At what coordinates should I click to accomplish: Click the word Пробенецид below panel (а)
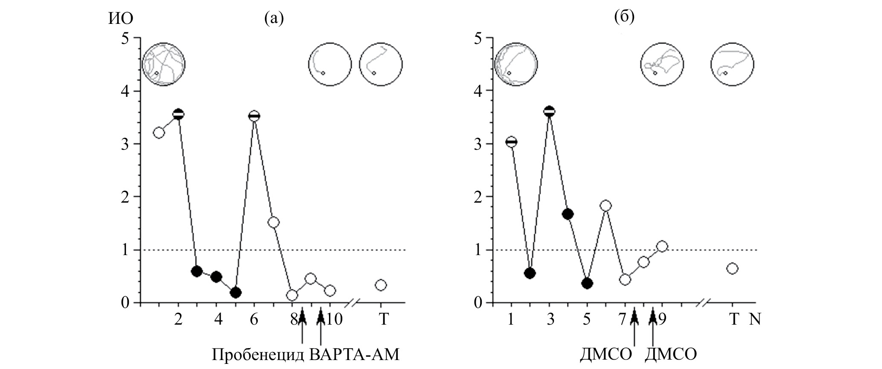pyautogui.click(x=258, y=355)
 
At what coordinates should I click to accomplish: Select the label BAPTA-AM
pyautogui.click(x=354, y=355)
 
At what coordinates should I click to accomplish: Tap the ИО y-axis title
pyautogui.click(x=121, y=18)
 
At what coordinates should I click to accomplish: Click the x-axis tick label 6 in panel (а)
pyautogui.click(x=254, y=319)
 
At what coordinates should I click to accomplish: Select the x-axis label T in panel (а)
pyautogui.click(x=384, y=319)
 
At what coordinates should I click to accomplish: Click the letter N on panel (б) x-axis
pyautogui.click(x=755, y=319)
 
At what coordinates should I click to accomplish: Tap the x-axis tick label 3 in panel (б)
pyautogui.click(x=550, y=319)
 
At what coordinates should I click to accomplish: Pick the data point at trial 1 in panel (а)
pyautogui.click(x=158, y=133)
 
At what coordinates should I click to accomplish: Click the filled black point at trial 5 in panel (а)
pyautogui.click(x=235, y=293)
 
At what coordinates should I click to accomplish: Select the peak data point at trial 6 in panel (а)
pyautogui.click(x=254, y=116)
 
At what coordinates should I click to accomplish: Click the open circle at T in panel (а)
pyautogui.click(x=381, y=285)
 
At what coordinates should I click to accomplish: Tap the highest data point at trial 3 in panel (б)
pyautogui.click(x=550, y=111)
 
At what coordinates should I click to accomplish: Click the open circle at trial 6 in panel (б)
pyautogui.click(x=605, y=206)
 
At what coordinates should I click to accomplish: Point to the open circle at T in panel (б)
pyautogui.click(x=732, y=268)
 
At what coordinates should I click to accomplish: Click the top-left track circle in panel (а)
pyautogui.click(x=164, y=64)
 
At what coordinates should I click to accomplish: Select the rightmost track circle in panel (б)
pyautogui.click(x=732, y=64)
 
